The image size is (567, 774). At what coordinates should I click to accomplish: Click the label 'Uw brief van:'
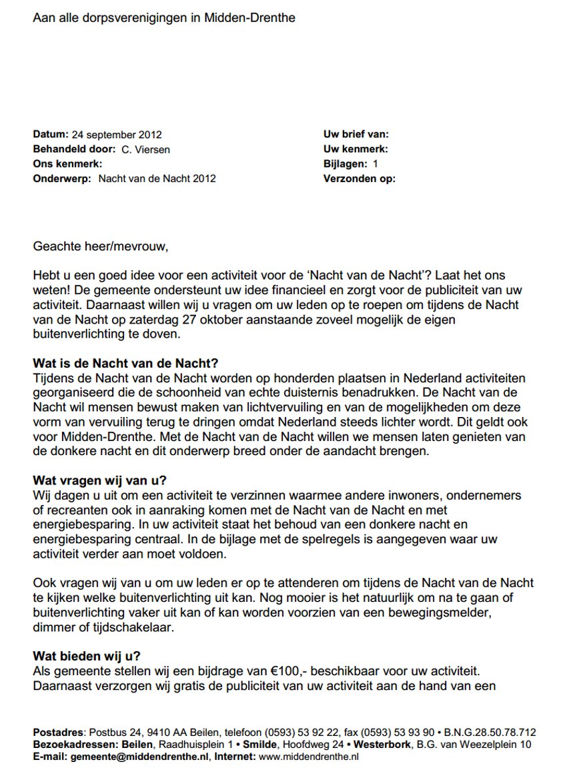click(356, 135)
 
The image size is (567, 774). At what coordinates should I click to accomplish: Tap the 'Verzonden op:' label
click(359, 179)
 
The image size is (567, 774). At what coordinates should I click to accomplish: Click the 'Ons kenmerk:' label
click(67, 164)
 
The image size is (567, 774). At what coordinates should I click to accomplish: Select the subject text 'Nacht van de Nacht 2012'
click(157, 179)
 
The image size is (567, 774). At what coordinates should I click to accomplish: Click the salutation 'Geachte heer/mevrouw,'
click(101, 246)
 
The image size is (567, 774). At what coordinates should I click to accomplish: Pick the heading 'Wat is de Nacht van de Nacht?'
click(125, 364)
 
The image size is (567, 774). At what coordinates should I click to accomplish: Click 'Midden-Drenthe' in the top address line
click(253, 18)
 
